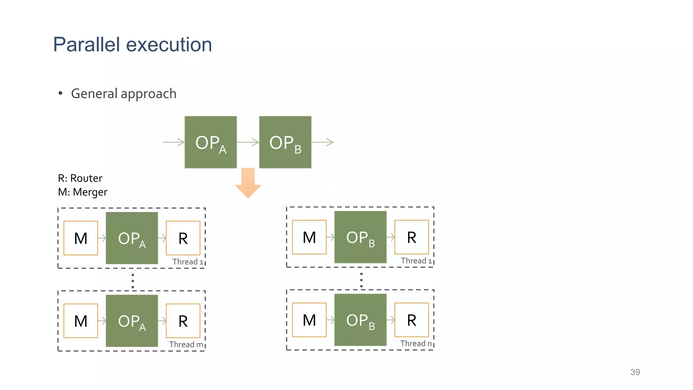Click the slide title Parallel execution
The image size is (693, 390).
pos(132,45)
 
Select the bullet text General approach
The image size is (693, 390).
pos(124,94)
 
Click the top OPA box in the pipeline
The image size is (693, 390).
pos(210,142)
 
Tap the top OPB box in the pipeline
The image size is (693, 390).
pos(285,142)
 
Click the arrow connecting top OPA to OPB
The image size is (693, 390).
pos(248,142)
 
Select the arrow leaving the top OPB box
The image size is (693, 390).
pos(322,142)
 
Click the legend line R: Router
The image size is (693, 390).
pos(80,178)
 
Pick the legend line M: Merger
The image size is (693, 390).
pos(83,192)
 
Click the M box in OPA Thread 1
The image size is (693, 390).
pos(81,238)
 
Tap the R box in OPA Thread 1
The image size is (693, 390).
pos(183,238)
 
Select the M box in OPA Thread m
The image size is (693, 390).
pos(81,321)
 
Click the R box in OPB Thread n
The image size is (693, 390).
pos(411,320)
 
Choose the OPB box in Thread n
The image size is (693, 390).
pos(360,320)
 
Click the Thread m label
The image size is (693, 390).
pos(186,344)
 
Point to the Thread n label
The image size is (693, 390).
pos(416,343)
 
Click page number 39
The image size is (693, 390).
pos(635,372)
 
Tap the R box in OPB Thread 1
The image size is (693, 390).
pos(411,237)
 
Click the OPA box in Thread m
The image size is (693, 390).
pos(132,321)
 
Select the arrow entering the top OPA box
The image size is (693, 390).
pos(173,142)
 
